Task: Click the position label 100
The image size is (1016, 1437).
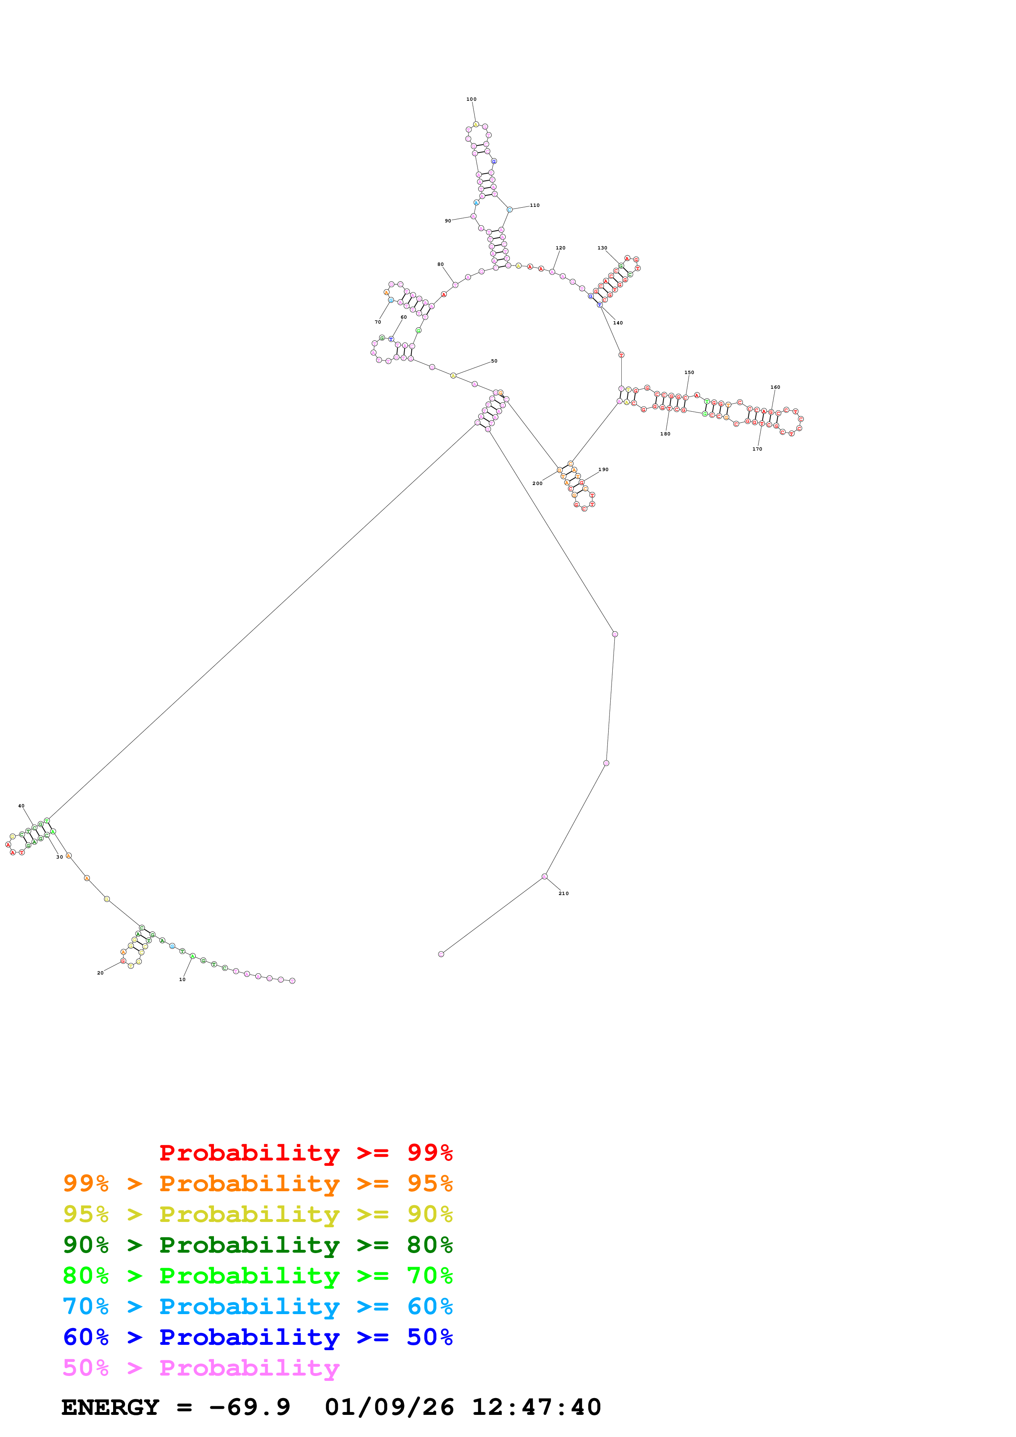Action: (471, 99)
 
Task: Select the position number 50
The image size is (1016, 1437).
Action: (494, 361)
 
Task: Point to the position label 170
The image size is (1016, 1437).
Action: (757, 449)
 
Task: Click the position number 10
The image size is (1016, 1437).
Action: (182, 979)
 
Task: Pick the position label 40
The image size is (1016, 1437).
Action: (21, 806)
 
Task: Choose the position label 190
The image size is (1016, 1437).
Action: (603, 469)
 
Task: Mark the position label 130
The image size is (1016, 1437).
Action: (602, 248)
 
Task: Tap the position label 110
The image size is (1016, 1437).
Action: (534, 205)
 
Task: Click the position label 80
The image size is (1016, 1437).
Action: (440, 264)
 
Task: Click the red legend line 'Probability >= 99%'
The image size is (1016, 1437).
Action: (305, 1152)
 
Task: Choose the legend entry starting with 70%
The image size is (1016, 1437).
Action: (257, 1306)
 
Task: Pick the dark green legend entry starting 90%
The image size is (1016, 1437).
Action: (257, 1245)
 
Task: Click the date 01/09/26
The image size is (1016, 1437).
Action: (389, 1408)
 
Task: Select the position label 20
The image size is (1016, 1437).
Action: (100, 972)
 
